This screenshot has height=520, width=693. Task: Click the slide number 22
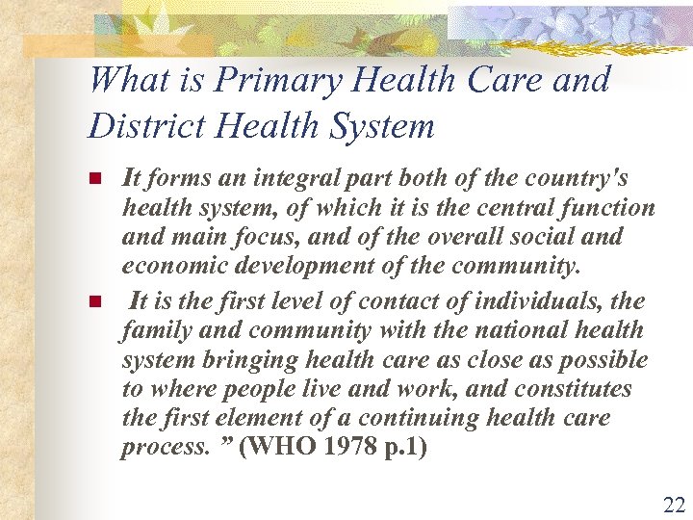(x=673, y=505)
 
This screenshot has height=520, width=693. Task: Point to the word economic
(x=167, y=265)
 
